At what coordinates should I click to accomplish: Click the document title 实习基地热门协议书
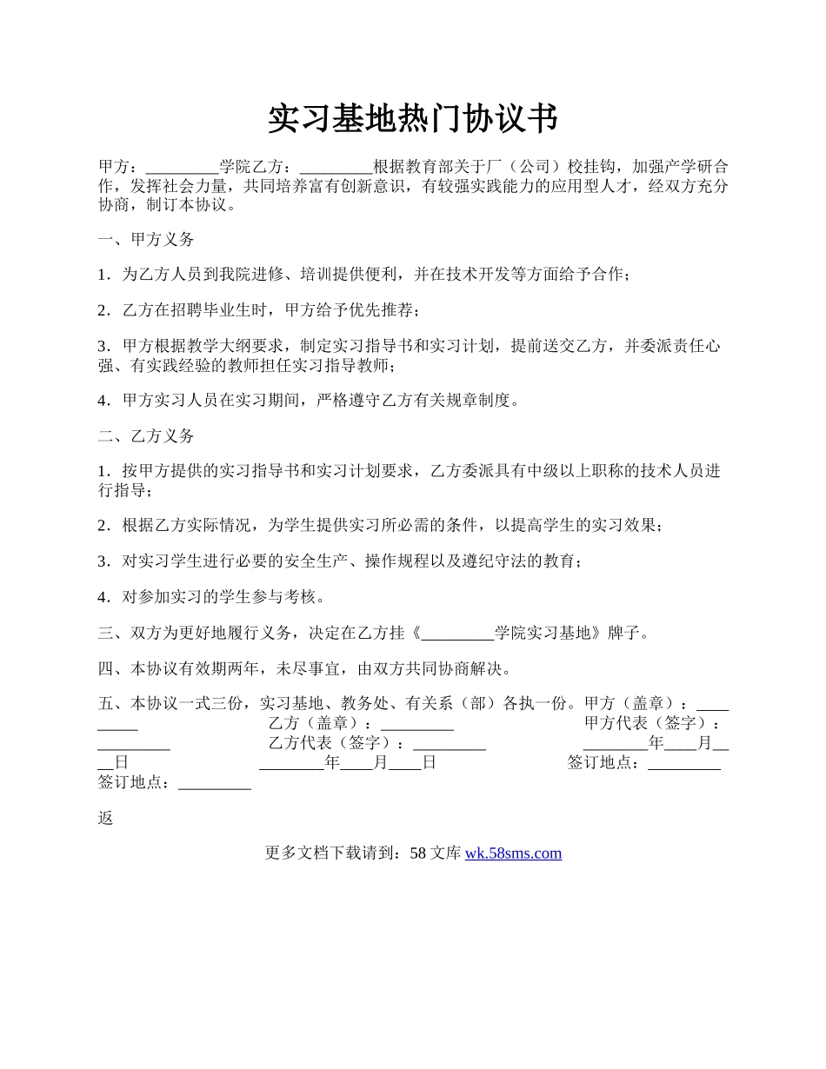click(412, 119)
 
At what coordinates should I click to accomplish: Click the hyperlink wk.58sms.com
click(513, 853)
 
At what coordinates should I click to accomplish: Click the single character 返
click(106, 818)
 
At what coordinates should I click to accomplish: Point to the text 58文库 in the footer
click(434, 853)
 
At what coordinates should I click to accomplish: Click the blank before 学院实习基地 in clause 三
click(456, 634)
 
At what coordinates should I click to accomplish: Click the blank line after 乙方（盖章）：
click(417, 724)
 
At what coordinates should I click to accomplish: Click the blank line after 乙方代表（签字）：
click(449, 744)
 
